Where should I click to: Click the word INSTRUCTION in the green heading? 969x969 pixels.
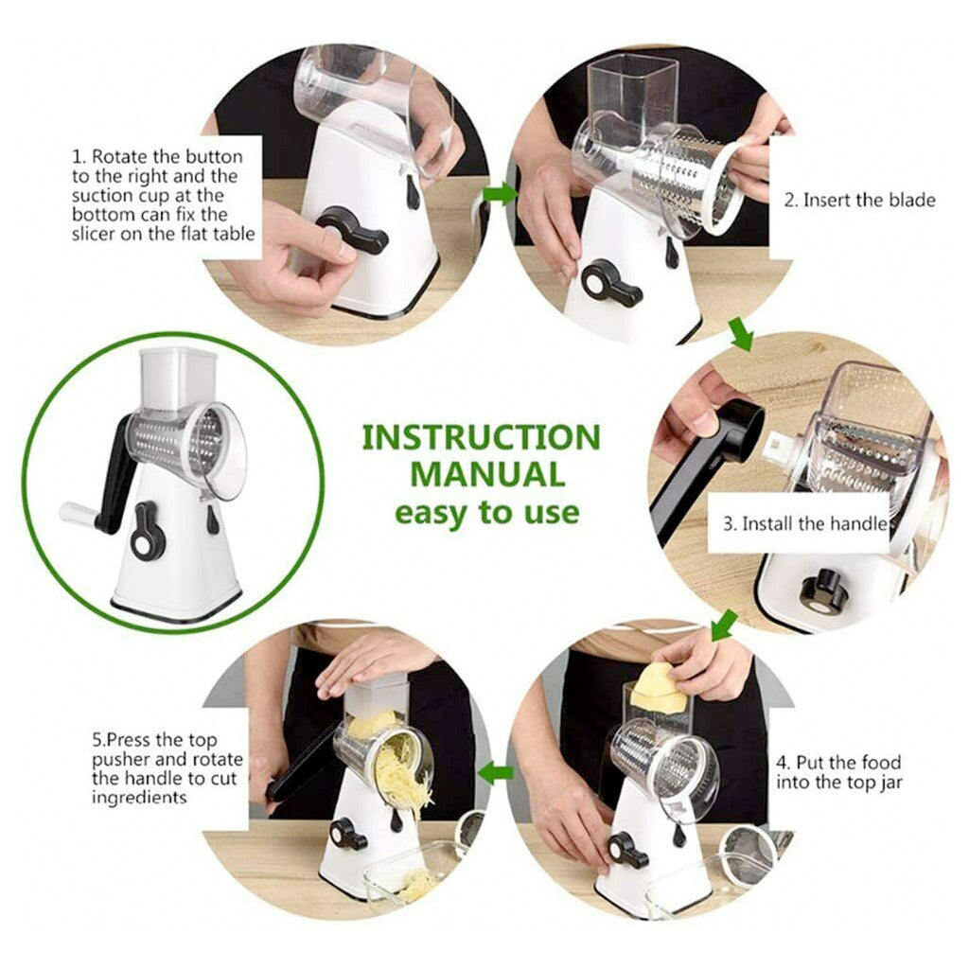pyautogui.click(x=481, y=438)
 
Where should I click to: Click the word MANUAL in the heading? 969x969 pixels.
pyautogui.click(x=481, y=475)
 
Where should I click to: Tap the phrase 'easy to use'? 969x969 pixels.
pyautogui.click(x=485, y=513)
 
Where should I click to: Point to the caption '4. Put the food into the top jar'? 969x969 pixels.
pyautogui.click(x=838, y=771)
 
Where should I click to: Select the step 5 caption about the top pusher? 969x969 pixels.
pyautogui.click(x=167, y=766)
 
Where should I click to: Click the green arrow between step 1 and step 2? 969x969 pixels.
pyautogui.click(x=501, y=194)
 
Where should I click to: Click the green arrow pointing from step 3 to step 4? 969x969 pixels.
pyautogui.click(x=725, y=625)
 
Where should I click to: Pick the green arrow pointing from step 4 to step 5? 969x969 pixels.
pyautogui.click(x=496, y=773)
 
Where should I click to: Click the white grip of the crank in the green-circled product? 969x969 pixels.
pyautogui.click(x=78, y=514)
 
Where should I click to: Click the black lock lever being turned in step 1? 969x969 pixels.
pyautogui.click(x=352, y=229)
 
